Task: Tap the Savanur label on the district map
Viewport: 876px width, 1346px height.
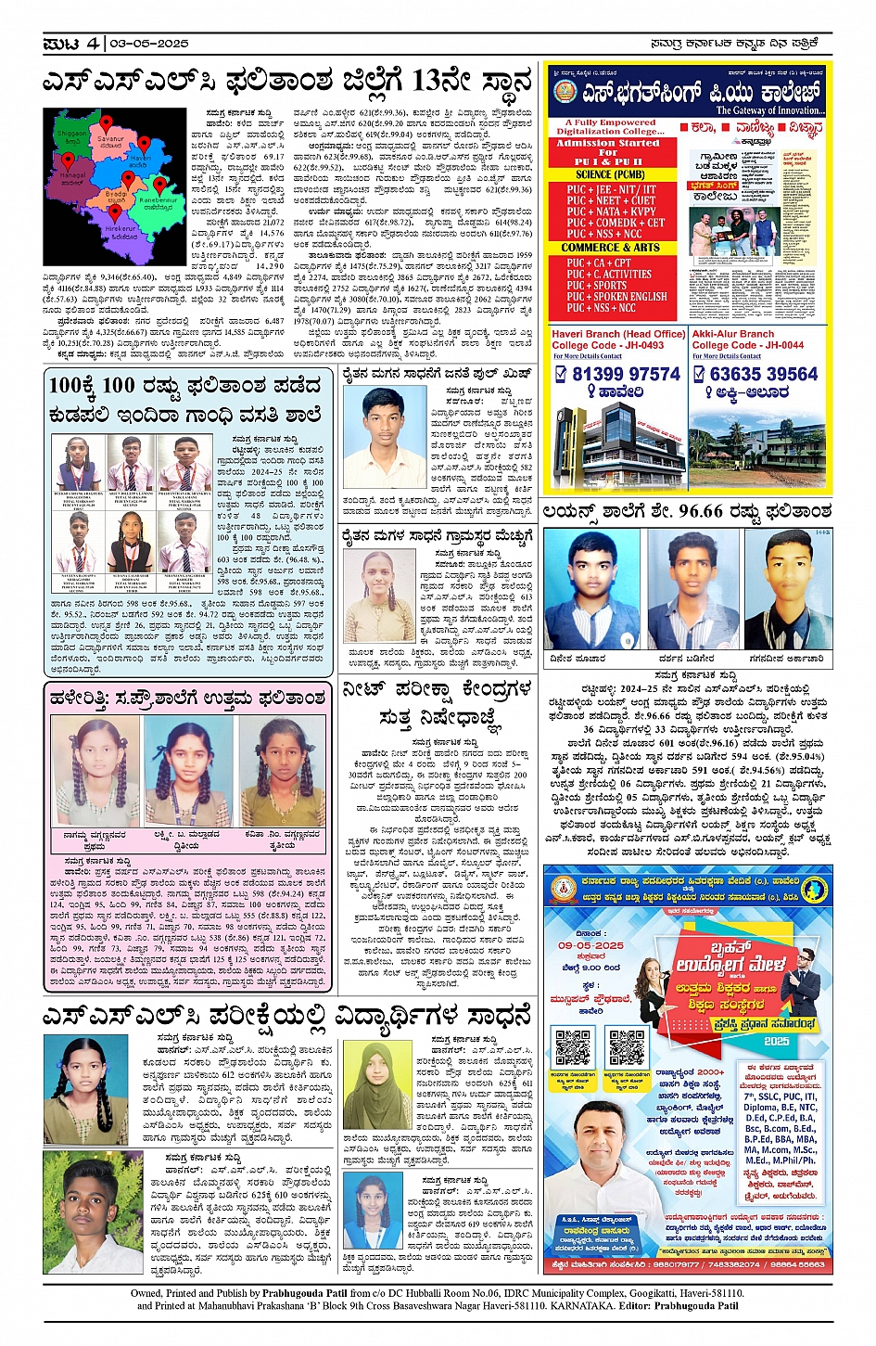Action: (x=110, y=139)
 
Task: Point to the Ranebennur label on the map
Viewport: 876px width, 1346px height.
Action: (x=159, y=200)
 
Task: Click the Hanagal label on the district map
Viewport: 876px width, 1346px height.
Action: (x=72, y=175)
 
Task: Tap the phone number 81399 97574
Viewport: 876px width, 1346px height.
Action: (x=626, y=374)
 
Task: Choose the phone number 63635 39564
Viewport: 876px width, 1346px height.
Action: (x=764, y=374)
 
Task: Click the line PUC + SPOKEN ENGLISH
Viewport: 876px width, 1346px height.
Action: (x=616, y=297)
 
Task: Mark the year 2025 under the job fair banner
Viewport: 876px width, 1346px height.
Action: (x=776, y=1042)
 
